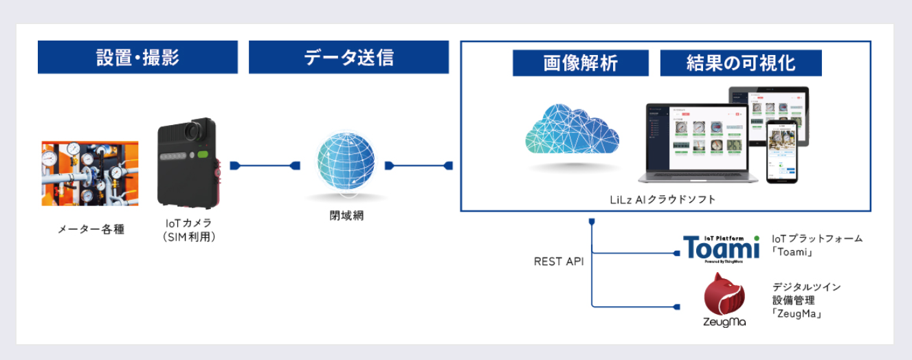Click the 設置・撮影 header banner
[x=137, y=57]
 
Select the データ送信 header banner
[x=348, y=57]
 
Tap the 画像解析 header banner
[x=580, y=63]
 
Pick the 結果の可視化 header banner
[x=740, y=63]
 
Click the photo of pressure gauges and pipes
[x=90, y=173]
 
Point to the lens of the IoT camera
[x=199, y=130]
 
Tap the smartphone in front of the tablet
[x=783, y=151]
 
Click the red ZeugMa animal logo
[x=724, y=295]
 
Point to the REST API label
[x=559, y=262]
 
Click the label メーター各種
[x=91, y=229]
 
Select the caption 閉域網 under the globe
[x=346, y=215]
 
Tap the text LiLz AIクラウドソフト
[x=663, y=200]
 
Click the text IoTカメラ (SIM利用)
[x=188, y=230]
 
